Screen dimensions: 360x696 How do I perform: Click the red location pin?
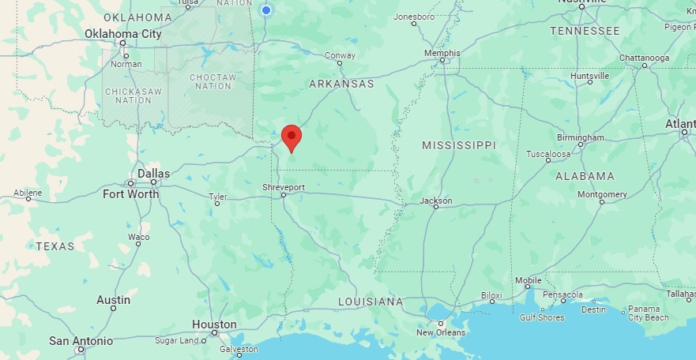[292, 137]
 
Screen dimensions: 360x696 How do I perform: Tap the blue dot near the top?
[266, 9]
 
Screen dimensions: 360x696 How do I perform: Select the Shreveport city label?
[284, 187]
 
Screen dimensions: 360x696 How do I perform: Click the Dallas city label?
[153, 173]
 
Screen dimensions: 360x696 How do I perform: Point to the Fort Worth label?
[130, 193]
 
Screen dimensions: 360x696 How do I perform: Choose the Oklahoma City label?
[122, 34]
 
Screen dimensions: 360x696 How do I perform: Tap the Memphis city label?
[442, 53]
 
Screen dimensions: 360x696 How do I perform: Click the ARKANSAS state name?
[341, 83]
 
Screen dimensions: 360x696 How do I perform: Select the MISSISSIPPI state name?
[458, 145]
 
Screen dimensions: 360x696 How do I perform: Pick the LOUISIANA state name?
[371, 302]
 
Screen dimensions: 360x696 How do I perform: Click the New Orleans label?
[441, 332]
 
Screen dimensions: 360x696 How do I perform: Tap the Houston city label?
[214, 324]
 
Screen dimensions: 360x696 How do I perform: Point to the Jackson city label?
[436, 201]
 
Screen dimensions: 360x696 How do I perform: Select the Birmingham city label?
[581, 137]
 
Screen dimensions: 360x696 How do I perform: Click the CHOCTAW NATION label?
[213, 81]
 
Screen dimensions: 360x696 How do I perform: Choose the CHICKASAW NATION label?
[134, 96]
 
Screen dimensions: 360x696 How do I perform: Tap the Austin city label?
[113, 300]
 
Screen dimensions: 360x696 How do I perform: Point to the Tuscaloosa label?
[548, 153]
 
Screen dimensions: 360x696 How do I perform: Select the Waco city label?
[139, 236]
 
